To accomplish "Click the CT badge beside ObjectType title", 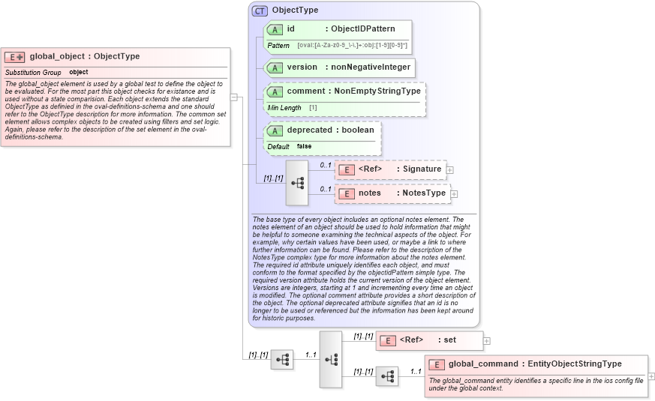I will click(x=260, y=10).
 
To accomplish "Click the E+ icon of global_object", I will click(x=15, y=57).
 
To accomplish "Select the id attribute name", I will click(x=290, y=29).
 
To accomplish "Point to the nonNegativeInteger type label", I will click(x=371, y=67).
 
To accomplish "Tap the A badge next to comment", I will click(x=275, y=91).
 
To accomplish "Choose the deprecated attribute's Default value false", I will click(x=304, y=146).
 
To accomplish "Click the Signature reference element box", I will click(x=390, y=169).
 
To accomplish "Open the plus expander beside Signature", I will click(x=449, y=170).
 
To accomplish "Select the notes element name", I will click(x=369, y=193).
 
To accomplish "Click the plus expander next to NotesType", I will click(x=454, y=194).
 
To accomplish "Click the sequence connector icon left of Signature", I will click(x=297, y=182).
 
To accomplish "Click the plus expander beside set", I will click(x=487, y=341).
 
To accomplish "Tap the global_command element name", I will click(x=483, y=364).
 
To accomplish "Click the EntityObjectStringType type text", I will click(x=574, y=364).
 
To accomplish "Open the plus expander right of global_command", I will click(x=651, y=376).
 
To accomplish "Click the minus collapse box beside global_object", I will click(x=234, y=97).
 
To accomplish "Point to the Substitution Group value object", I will click(x=79, y=72).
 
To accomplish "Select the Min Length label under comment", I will click(x=284, y=108).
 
